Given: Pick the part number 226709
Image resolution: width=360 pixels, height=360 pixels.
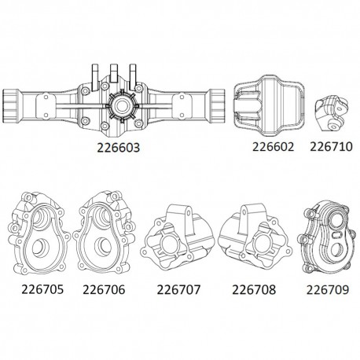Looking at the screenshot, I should click(x=320, y=288).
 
